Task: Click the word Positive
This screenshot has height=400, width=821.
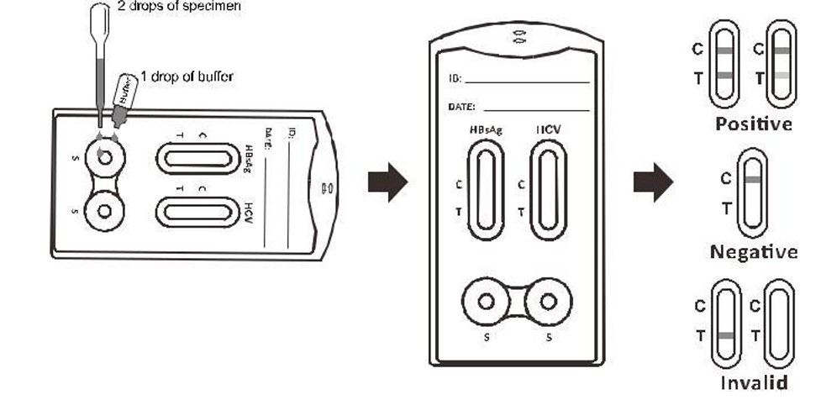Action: (753, 124)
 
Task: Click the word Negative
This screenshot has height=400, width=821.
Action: (753, 251)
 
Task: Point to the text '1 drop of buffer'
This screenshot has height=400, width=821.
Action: (187, 76)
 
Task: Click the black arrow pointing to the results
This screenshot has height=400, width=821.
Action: (653, 182)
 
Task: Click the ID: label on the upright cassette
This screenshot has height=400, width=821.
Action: (455, 81)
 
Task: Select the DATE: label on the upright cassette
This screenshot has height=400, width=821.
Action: (462, 108)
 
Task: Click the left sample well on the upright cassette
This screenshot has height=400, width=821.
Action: (486, 301)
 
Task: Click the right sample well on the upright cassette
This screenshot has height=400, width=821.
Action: (550, 301)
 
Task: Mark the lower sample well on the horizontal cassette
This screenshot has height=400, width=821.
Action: (104, 209)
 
